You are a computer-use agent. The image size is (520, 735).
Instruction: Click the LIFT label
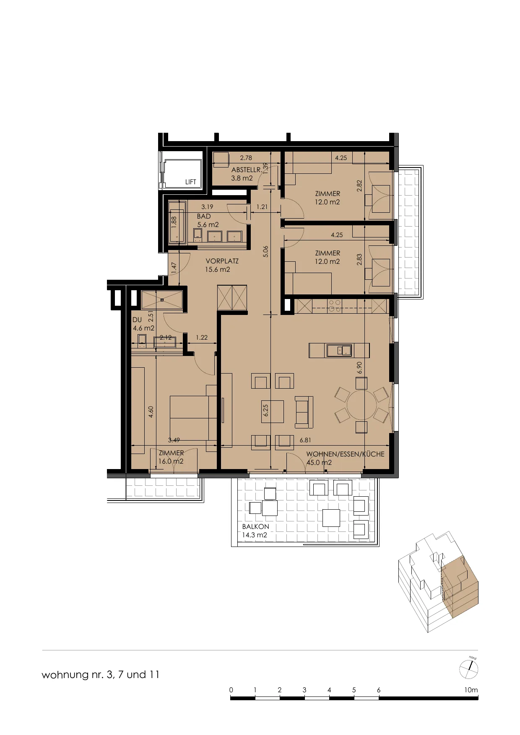click(190, 182)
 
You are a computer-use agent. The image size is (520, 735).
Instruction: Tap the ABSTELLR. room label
click(247, 170)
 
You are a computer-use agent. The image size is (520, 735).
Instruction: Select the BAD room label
click(204, 217)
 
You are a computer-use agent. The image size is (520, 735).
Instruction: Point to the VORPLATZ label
click(222, 261)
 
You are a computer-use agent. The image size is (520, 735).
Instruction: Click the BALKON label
click(256, 526)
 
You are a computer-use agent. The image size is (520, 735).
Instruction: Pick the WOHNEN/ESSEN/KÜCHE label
click(345, 454)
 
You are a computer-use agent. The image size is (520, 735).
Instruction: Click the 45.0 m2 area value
click(319, 462)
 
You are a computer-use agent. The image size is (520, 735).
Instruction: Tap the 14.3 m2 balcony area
click(255, 535)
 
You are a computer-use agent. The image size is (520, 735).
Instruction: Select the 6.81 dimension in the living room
click(305, 440)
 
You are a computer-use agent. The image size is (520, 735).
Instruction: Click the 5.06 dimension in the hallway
click(265, 251)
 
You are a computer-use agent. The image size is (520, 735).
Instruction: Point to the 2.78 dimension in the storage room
click(246, 158)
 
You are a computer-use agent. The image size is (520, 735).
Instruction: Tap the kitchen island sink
click(339, 350)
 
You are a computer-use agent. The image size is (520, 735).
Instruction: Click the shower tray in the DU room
click(162, 300)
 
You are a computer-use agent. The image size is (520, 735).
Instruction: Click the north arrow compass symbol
click(469, 669)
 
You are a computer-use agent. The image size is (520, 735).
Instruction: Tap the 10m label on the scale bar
click(471, 690)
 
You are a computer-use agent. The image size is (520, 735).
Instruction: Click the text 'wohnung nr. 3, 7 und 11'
click(101, 675)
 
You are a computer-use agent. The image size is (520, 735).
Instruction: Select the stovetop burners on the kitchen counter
click(335, 306)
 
